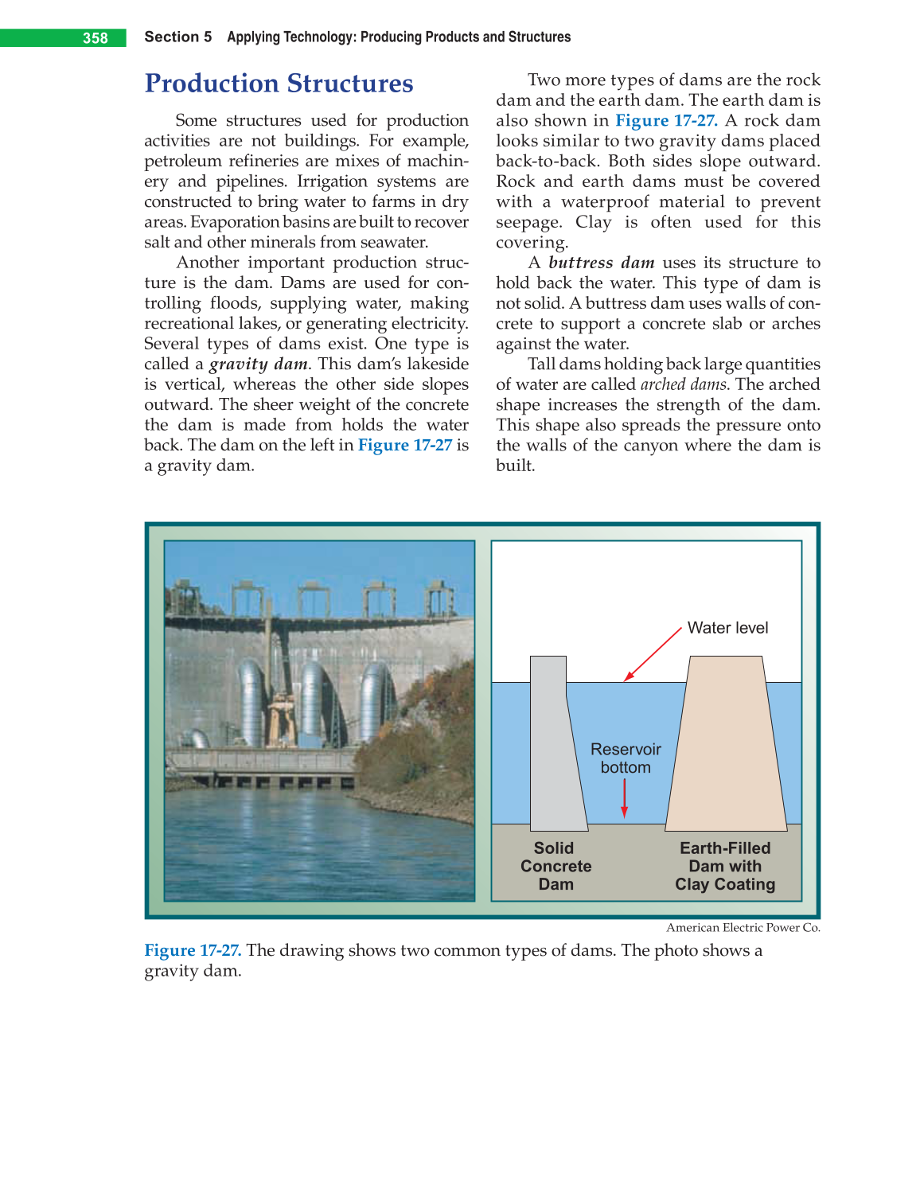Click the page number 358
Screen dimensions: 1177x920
(96, 38)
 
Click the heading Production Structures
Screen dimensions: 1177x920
(279, 84)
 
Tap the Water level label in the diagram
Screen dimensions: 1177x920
(727, 628)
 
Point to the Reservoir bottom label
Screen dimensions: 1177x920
(626, 758)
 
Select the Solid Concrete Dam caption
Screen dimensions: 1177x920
(556, 866)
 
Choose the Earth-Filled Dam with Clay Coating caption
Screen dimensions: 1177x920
(725, 866)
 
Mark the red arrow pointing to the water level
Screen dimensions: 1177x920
(653, 654)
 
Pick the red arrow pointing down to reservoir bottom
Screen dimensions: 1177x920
(625, 798)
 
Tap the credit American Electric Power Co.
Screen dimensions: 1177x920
(743, 927)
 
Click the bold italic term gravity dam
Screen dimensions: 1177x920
(259, 364)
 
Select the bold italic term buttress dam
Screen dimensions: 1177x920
(601, 263)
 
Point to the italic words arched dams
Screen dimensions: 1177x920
(684, 384)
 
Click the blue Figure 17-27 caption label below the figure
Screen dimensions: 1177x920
(193, 950)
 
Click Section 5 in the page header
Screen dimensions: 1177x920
(178, 37)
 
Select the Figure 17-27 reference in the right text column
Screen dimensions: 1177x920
(666, 121)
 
